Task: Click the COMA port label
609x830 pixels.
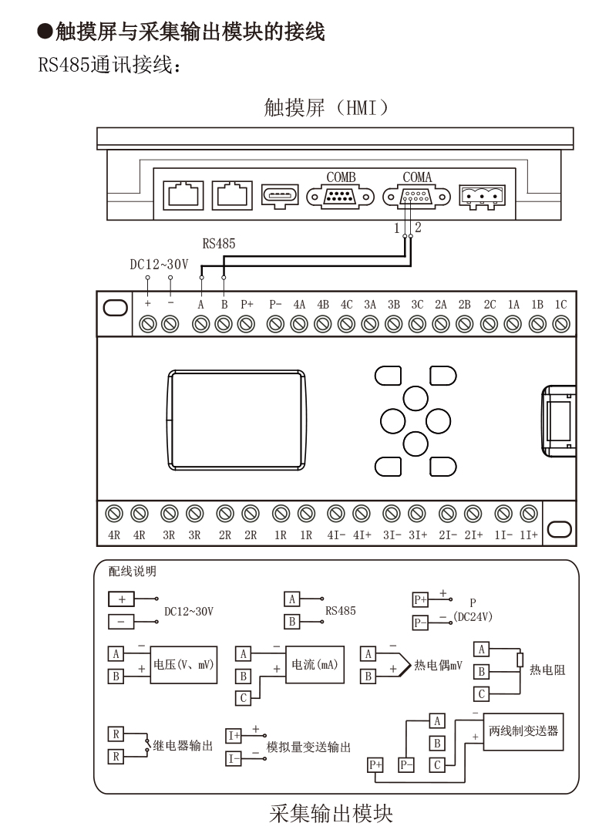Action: coord(417,177)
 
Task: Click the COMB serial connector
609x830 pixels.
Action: coord(340,197)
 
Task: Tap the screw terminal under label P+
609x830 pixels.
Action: coord(246,323)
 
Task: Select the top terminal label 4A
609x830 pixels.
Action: coord(299,305)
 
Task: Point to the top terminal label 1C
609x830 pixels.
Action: coord(560,305)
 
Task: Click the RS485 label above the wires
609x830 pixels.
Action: coord(218,244)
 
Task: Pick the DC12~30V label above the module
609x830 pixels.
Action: coord(159,264)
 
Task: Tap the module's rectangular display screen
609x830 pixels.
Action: coord(237,420)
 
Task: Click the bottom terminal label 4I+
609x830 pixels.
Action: coord(362,535)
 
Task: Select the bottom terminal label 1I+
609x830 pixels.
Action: coord(529,535)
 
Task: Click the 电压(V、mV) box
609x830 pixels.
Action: coord(183,664)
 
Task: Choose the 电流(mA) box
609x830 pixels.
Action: coord(315,664)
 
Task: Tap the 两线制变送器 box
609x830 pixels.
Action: coord(523,731)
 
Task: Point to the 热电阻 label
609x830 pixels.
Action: coord(547,670)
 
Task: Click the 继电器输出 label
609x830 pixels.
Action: coord(183,745)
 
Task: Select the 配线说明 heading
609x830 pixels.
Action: coord(133,571)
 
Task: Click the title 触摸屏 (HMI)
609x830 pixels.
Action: coord(326,107)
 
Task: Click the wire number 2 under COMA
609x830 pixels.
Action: coord(418,228)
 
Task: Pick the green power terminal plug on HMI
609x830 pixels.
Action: coord(482,197)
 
